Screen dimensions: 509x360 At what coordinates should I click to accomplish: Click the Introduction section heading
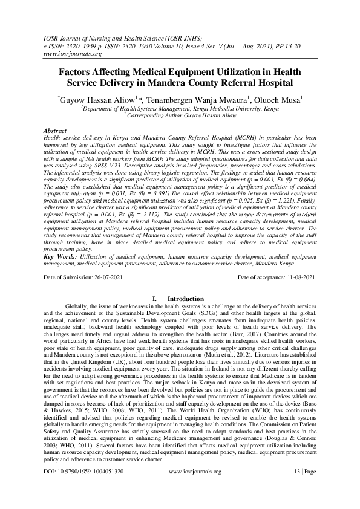point(186,316)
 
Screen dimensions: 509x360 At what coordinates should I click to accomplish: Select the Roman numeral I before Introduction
point(156,316)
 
